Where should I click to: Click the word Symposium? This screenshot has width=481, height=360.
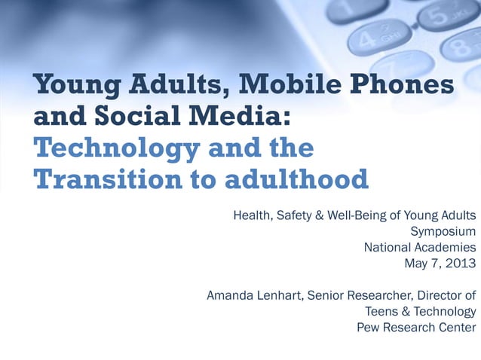click(443, 231)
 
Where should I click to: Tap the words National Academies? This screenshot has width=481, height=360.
click(420, 247)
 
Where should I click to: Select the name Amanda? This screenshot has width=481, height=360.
click(231, 295)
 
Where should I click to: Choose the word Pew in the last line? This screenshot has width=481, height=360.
click(369, 327)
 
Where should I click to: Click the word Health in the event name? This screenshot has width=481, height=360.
click(253, 215)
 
